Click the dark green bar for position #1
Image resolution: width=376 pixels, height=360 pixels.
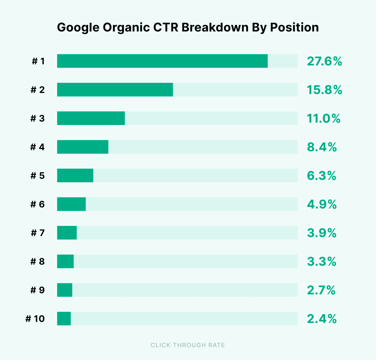pos(162,61)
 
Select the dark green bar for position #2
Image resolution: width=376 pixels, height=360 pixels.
pos(115,90)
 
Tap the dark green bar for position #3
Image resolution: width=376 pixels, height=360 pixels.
pos(91,118)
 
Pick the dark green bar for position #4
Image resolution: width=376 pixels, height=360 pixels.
pos(83,147)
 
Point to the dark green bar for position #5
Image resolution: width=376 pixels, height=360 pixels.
pos(75,175)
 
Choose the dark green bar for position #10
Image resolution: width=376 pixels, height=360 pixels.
pos(64,318)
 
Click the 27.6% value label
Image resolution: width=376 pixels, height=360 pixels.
pos(324,61)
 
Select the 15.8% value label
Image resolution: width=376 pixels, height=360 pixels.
pos(324,90)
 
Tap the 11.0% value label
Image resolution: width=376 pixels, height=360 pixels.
pos(324,118)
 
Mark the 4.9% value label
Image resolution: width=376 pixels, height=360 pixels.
pos(322,204)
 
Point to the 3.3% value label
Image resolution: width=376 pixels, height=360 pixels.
pos(321,261)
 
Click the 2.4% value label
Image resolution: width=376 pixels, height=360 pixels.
pos(322,319)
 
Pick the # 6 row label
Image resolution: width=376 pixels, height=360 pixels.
pos(38,204)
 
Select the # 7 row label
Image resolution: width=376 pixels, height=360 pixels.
pos(38,233)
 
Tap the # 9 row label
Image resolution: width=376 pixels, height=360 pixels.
pos(38,290)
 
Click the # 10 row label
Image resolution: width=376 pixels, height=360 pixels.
pos(35,319)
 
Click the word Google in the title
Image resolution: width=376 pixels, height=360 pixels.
pos(78,27)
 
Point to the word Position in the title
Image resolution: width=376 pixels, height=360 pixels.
pos(294,27)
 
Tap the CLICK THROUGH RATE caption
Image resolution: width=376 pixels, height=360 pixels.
pos(188,345)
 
